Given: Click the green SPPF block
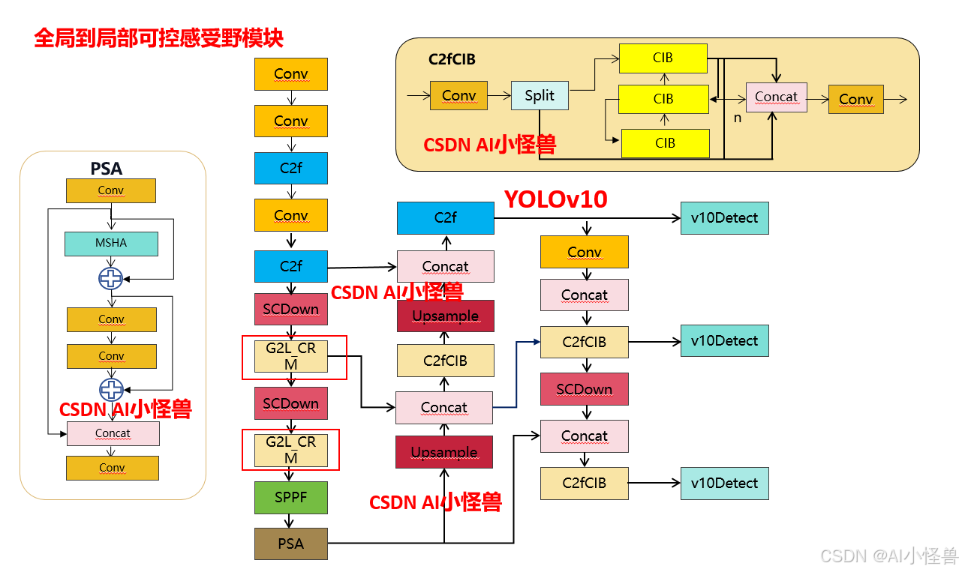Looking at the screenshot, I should point(291,498).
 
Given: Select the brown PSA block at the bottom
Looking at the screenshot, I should point(291,544).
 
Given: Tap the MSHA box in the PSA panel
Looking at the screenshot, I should point(111,243).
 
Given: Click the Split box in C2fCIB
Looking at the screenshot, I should point(540,95).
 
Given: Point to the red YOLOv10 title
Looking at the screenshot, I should point(555,199).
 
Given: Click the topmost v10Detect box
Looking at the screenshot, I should point(724,218).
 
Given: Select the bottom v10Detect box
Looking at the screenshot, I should point(724,484).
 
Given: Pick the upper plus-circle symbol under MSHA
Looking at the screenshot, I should point(110,279).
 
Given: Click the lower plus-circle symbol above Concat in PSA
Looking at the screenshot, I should point(111,388).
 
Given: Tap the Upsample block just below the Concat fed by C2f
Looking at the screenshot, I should point(445,316).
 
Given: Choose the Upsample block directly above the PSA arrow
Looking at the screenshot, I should point(444,452).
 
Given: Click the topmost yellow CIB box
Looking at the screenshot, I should point(663,58).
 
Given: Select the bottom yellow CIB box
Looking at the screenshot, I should point(665,142).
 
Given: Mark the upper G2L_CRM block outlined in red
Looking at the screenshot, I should point(291,356).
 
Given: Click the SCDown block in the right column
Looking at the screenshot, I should point(584,389).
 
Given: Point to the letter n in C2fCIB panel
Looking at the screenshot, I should point(737,118).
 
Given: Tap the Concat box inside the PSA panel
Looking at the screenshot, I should point(113,433).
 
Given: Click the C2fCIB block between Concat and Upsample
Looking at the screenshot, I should point(445,361).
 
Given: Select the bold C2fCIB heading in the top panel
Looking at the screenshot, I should point(452,59).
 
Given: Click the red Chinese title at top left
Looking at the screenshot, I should point(158,37).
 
